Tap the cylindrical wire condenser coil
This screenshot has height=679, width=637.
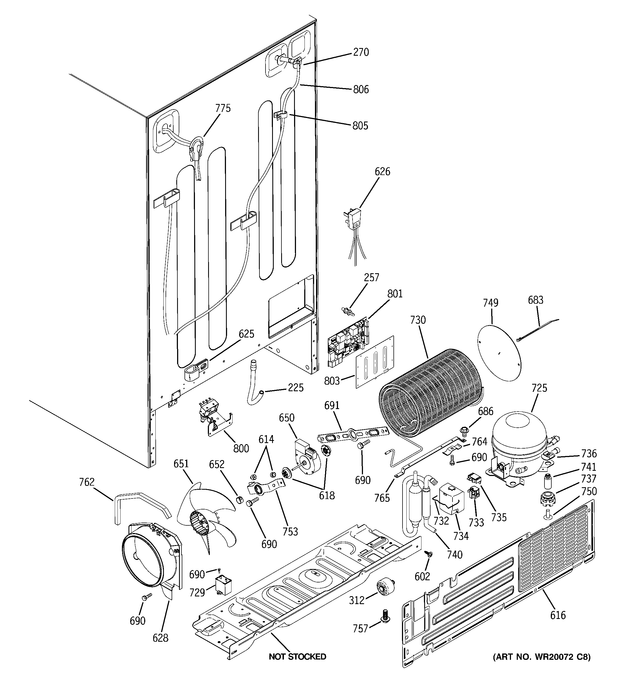[x=432, y=395]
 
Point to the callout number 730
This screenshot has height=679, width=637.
[x=418, y=320]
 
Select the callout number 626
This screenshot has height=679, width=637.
[x=382, y=171]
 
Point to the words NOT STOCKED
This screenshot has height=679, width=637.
[x=297, y=657]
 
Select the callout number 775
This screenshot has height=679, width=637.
[x=223, y=108]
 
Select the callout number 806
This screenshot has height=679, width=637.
[x=361, y=89]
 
